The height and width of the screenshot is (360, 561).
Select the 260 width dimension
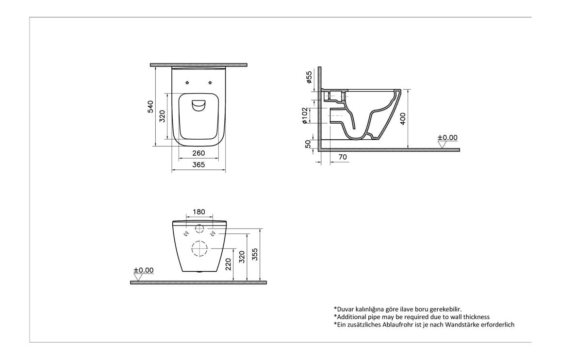click(198, 153)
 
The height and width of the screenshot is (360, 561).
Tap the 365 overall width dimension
click(198, 165)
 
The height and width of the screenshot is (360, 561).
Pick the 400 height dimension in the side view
click(403, 119)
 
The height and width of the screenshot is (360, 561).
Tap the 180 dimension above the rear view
click(199, 212)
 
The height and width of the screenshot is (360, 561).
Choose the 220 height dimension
click(229, 265)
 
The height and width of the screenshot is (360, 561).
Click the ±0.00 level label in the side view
click(447, 138)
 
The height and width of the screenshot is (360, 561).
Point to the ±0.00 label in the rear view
click(143, 270)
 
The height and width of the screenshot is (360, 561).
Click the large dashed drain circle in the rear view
click(199, 248)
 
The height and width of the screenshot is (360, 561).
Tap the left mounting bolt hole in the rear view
click(187, 234)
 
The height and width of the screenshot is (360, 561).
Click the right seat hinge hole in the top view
click(212, 82)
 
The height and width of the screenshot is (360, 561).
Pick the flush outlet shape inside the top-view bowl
click(198, 105)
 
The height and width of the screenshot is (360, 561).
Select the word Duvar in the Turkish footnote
click(345, 309)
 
